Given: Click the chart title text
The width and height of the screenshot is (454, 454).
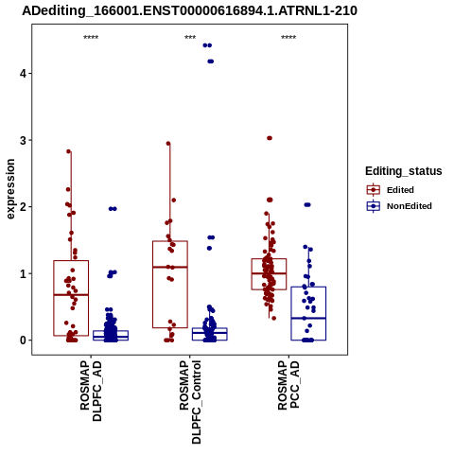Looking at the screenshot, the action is [189, 10].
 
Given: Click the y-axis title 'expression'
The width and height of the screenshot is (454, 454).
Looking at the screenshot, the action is [10, 189].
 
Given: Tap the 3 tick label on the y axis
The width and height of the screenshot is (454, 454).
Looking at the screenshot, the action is [23, 140].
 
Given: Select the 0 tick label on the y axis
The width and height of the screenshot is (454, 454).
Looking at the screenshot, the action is [23, 340].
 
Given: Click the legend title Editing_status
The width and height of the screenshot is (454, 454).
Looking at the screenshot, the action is [404, 171].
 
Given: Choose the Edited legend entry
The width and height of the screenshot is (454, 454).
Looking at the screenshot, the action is [390, 190].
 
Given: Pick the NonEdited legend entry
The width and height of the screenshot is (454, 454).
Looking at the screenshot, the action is [399, 206].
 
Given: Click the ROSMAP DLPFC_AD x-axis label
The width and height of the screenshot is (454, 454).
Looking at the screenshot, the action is [91, 392].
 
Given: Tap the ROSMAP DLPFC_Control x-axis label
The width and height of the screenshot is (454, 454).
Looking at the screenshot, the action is [190, 402].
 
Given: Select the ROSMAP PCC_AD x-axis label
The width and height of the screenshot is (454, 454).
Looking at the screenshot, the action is [288, 385].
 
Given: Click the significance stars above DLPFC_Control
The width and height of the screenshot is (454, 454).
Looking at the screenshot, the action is [190, 38].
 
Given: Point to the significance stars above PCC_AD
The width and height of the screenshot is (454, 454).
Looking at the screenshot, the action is [288, 38].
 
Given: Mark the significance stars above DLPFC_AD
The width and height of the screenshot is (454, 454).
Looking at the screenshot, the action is [91, 38].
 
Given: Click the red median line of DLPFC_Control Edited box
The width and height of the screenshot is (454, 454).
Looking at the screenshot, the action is [170, 267].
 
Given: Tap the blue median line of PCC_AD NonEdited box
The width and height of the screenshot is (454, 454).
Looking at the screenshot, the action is [308, 318].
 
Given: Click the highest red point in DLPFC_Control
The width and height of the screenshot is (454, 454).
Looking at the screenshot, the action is [168, 144].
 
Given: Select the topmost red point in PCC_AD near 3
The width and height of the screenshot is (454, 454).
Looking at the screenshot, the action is [270, 138].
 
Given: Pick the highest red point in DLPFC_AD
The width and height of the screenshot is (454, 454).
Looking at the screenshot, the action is [69, 151].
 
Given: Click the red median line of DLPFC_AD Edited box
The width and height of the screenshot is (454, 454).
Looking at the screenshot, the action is [71, 295].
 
